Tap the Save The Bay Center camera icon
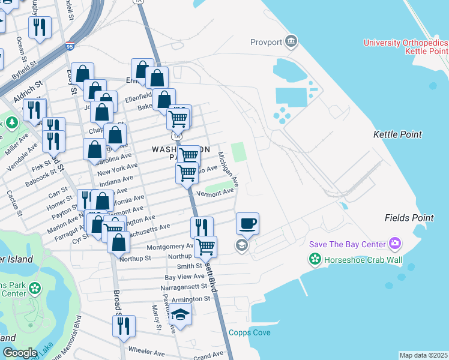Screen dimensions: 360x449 pyautogui.click(x=395, y=244)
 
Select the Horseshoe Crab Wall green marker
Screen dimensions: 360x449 pyautogui.click(x=315, y=259)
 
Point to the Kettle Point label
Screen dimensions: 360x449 pyautogui.click(x=397, y=134)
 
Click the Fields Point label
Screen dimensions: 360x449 pyautogui.click(x=409, y=217)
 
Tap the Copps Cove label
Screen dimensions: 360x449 pyautogui.click(x=249, y=332)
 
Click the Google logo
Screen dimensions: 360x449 pyautogui.click(x=19, y=353)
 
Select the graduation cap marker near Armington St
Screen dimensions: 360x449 pyautogui.click(x=180, y=314)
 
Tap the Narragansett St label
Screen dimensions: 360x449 pyautogui.click(x=185, y=287)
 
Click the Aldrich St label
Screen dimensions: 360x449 pyautogui.click(x=26, y=86)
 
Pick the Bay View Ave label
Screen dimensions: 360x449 pyautogui.click(x=184, y=277)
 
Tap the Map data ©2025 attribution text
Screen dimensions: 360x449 pyautogui.click(x=423, y=355)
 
